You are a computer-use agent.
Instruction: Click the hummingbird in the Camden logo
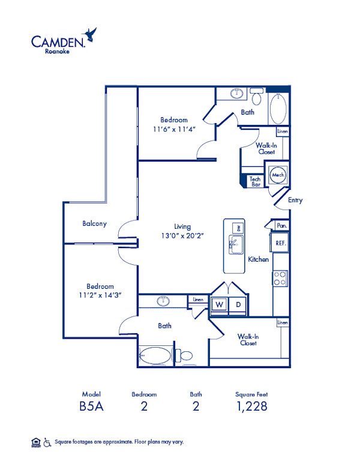point(90,35)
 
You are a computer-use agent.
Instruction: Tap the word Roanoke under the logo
point(58,51)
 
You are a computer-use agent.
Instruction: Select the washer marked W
point(219,304)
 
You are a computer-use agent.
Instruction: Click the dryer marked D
point(238,304)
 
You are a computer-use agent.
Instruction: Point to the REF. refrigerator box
point(280,243)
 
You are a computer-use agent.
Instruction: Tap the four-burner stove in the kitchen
point(280,279)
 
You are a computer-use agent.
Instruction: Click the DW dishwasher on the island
point(238,228)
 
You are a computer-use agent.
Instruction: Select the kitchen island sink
point(236,244)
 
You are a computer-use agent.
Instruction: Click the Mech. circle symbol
point(278,175)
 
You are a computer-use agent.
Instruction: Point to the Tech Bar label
point(255,181)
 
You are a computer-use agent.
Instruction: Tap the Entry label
point(295,200)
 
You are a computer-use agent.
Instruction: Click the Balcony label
point(94,223)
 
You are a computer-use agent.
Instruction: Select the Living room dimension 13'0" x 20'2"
point(182,235)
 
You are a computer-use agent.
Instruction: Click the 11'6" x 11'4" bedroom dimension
point(174,129)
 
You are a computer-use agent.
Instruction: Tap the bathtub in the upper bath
point(278,109)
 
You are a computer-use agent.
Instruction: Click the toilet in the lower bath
point(184,355)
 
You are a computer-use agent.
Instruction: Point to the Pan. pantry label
point(281,226)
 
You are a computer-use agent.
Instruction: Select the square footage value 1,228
point(252,407)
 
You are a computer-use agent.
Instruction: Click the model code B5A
point(91,407)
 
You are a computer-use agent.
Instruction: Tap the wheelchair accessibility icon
point(47,443)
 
